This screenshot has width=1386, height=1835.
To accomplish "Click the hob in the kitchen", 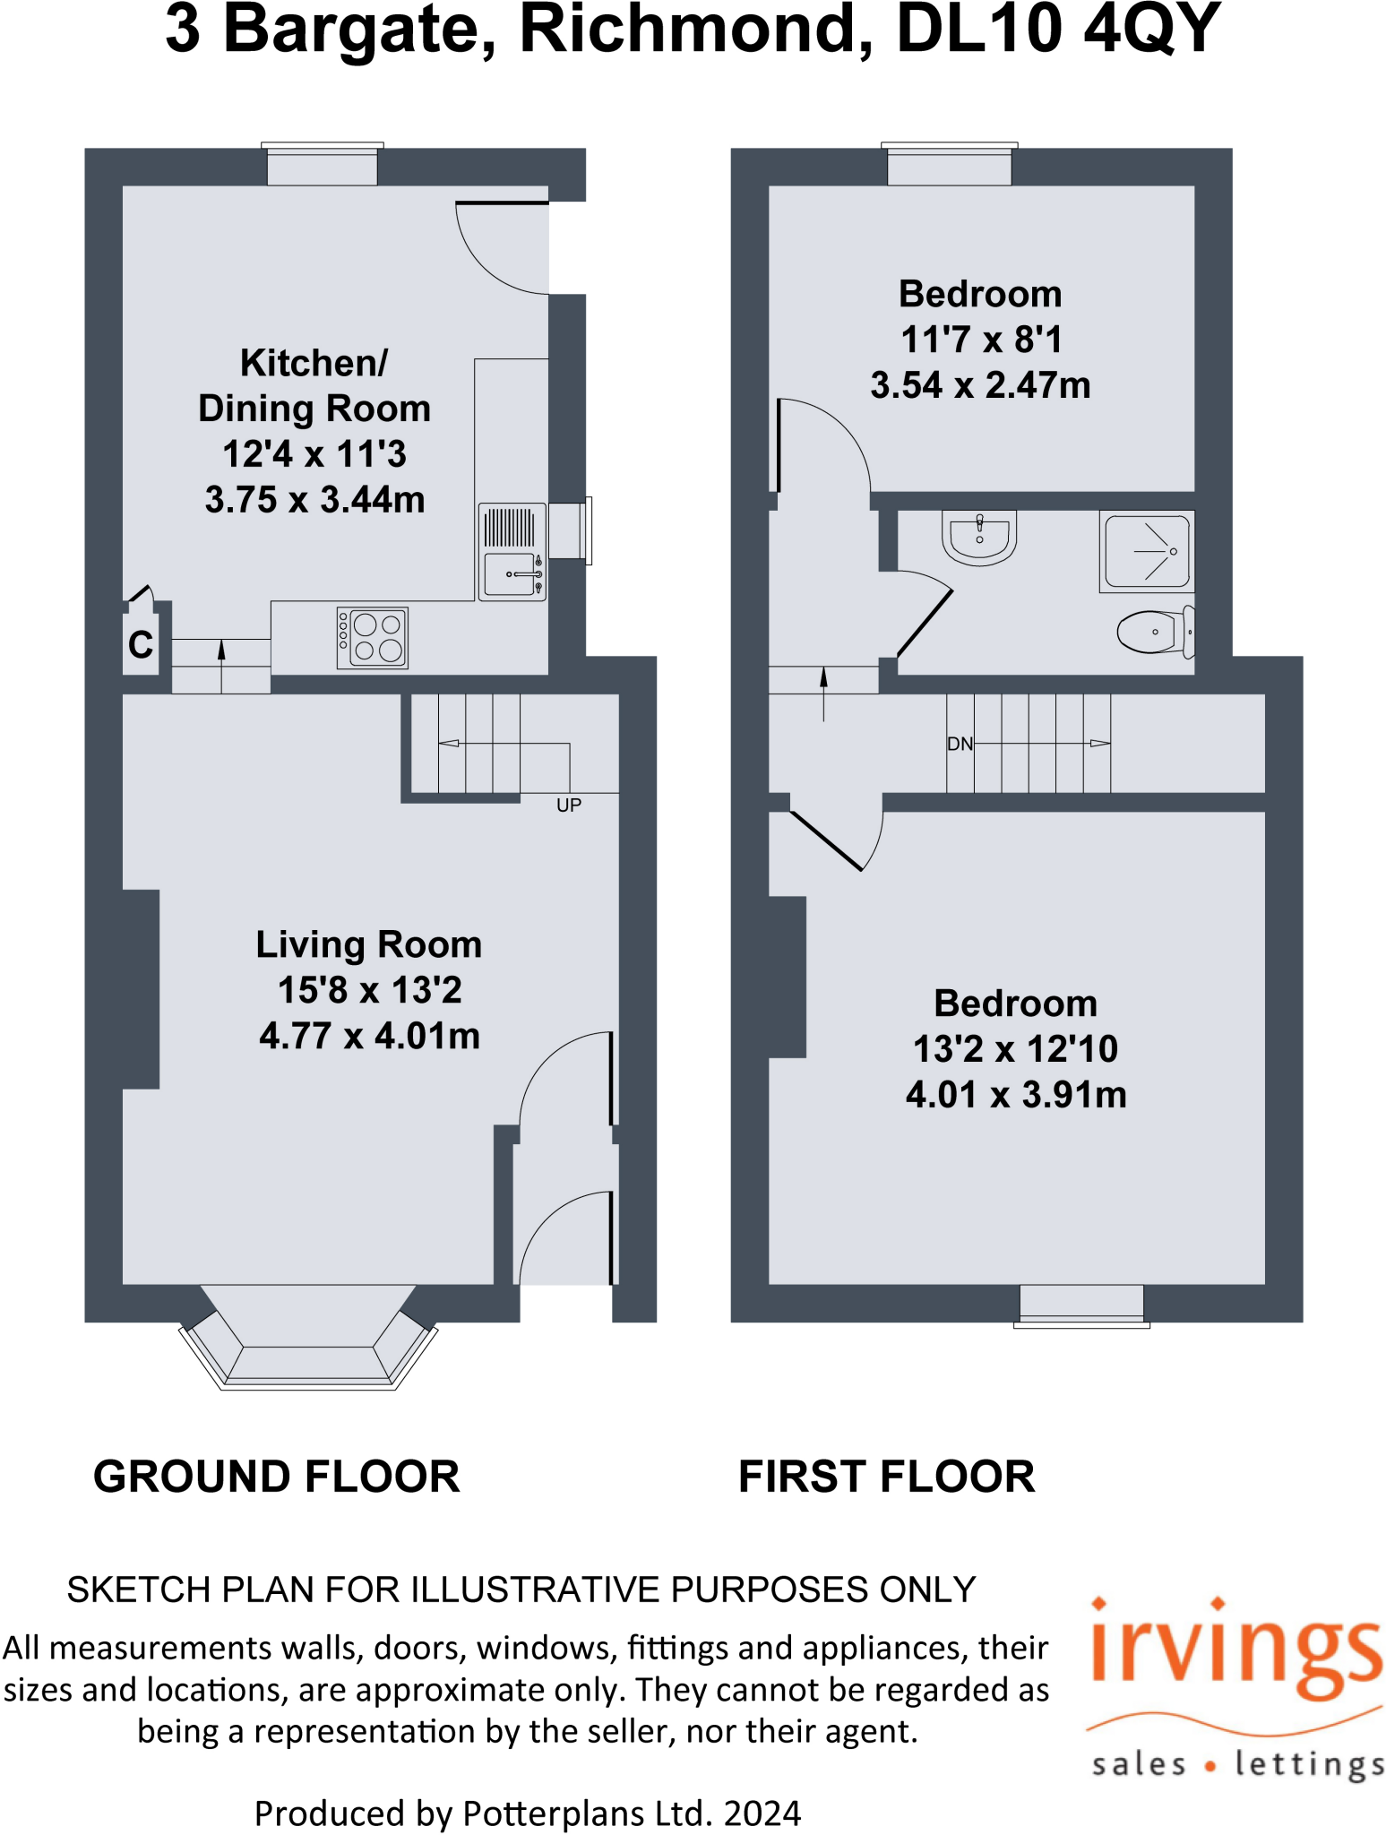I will click(x=372, y=637).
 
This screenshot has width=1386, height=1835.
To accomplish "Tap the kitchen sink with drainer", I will click(x=512, y=552).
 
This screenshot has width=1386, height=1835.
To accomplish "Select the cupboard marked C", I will click(x=141, y=644).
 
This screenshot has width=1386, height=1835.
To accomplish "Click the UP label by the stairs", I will click(x=569, y=805).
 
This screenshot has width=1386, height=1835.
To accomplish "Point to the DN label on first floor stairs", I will click(x=960, y=744).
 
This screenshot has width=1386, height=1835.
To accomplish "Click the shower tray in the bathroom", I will click(x=1147, y=551).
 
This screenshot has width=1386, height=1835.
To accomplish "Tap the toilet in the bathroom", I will click(x=1154, y=631).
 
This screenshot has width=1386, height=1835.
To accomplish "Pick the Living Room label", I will click(x=368, y=944).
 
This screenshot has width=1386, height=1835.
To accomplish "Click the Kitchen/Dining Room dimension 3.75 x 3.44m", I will click(x=314, y=500).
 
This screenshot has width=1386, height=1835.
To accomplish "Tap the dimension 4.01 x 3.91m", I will click(x=1016, y=1094).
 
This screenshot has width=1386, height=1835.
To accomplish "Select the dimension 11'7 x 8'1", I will click(x=981, y=340).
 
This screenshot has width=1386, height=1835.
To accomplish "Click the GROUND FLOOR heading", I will click(x=276, y=1477).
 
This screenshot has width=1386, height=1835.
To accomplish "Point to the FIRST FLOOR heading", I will click(x=886, y=1477).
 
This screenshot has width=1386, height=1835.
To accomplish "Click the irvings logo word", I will click(x=1236, y=1653).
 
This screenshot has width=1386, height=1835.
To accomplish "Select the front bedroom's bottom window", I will click(x=1081, y=1305).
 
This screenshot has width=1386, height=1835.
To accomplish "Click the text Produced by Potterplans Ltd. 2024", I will click(x=527, y=1813).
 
